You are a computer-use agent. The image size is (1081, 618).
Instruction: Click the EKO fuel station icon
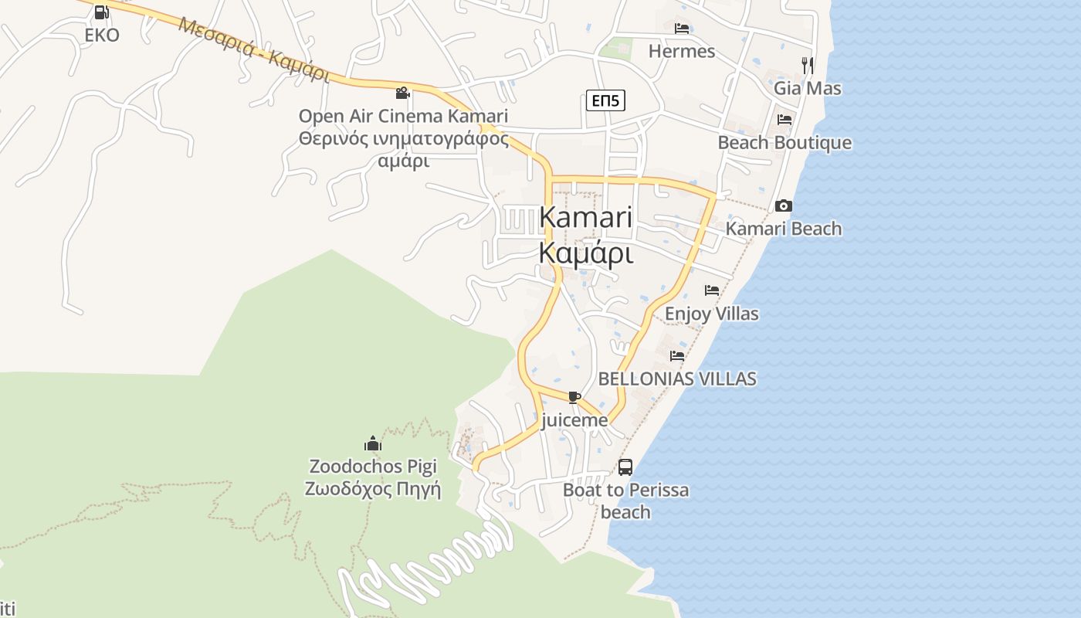tap(101, 12)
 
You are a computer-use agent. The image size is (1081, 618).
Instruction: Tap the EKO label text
tap(102, 35)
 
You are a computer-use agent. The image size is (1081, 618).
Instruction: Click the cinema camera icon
tap(402, 93)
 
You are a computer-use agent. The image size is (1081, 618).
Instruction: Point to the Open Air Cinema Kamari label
tap(403, 117)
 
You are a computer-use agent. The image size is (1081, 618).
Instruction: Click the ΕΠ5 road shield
tap(605, 100)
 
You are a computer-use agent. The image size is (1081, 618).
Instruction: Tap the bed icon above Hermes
tap(682, 29)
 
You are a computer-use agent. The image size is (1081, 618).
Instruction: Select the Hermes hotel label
tap(682, 51)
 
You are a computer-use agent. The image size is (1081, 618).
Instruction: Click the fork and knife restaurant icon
tap(808, 65)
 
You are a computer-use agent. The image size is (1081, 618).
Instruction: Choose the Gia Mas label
tap(808, 88)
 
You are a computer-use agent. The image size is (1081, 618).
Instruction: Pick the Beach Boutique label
tap(784, 143)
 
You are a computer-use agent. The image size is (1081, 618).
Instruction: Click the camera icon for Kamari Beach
tap(784, 205)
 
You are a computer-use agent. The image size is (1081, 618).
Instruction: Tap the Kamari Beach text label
tap(784, 229)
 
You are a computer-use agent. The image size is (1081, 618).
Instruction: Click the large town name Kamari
tap(586, 217)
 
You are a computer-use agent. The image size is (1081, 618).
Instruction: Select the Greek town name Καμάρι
tap(586, 253)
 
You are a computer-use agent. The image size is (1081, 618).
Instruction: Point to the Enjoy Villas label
tap(711, 314)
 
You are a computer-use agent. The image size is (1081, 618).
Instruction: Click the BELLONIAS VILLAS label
tap(677, 379)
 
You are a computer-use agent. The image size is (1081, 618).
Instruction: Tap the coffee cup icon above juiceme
tap(574, 398)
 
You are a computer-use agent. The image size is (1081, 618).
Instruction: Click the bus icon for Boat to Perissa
tap(625, 467)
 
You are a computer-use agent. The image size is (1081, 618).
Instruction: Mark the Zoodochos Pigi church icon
tap(373, 443)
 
